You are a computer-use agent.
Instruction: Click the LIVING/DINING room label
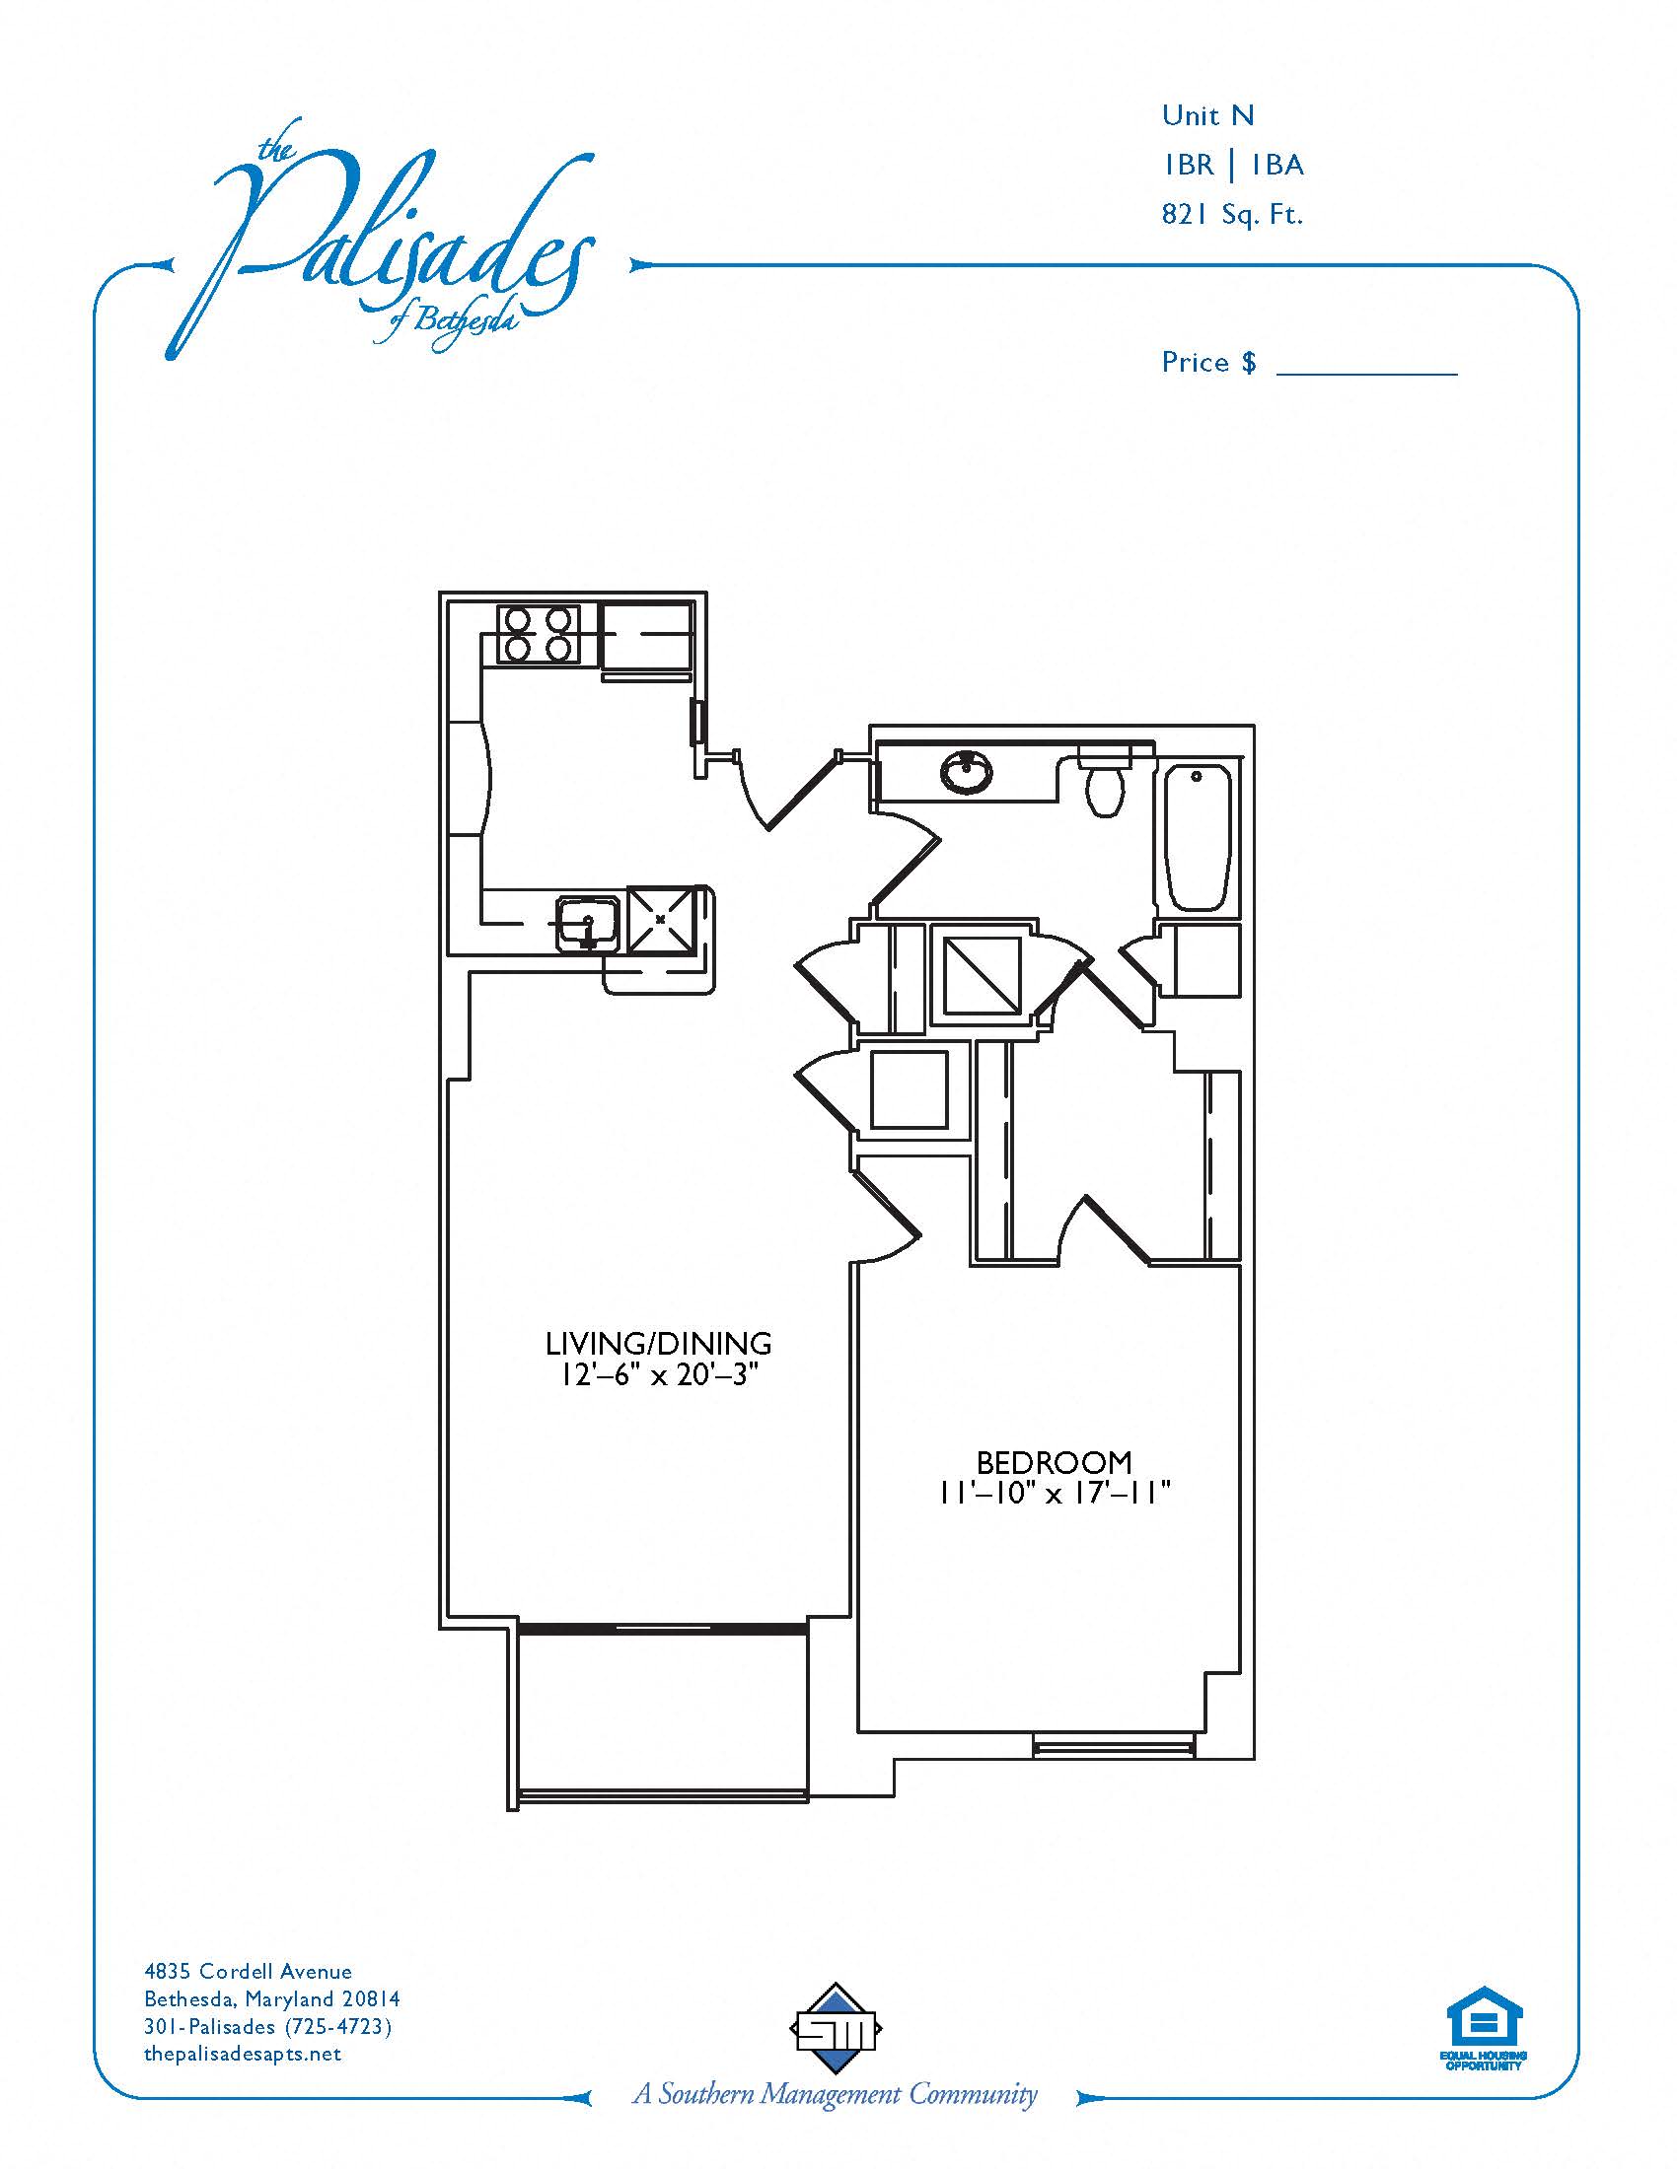pyautogui.click(x=658, y=1344)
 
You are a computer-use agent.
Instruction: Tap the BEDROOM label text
pyautogui.click(x=1055, y=1462)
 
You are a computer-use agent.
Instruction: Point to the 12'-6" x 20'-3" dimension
pyautogui.click(x=659, y=1376)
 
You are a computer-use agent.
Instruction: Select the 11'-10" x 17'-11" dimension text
pyautogui.click(x=1056, y=1493)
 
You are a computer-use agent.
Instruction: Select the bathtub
pyautogui.click(x=1199, y=836)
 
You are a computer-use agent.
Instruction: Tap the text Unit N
pyautogui.click(x=1208, y=116)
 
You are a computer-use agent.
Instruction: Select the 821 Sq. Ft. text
pyautogui.click(x=1232, y=215)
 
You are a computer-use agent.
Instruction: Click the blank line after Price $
pyautogui.click(x=1366, y=374)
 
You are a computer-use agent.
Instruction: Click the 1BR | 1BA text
pyautogui.click(x=1233, y=165)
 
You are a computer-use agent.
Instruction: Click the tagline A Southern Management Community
pyautogui.click(x=836, y=2118)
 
